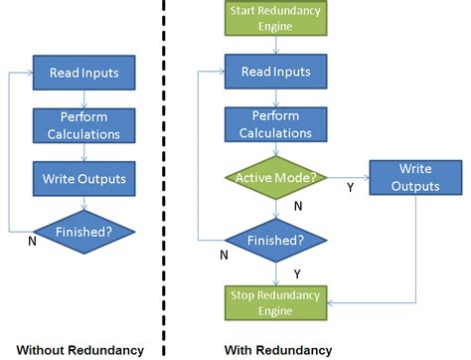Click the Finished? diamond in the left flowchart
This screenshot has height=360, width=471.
click(84, 231)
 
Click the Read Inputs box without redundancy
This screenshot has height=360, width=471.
click(84, 73)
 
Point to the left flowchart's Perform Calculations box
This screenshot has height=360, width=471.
click(84, 125)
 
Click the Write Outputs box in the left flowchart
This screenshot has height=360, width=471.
click(84, 179)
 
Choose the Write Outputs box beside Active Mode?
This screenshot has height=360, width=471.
click(415, 178)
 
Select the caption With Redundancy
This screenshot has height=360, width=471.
click(279, 350)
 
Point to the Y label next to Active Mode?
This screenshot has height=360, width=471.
click(349, 185)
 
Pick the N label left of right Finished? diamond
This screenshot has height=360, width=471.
click(223, 255)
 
